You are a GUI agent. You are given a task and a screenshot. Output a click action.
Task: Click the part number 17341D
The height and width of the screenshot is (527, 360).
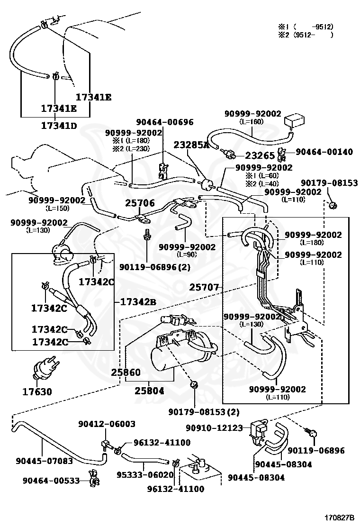[59, 126]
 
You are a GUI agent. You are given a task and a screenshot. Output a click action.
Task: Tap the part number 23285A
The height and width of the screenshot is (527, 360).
[191, 145]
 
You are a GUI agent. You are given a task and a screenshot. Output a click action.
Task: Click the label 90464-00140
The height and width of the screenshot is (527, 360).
[324, 152]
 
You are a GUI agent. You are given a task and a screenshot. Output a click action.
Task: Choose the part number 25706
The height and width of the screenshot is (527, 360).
[140, 203]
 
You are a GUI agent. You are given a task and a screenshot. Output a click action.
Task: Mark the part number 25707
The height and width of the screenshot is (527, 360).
[204, 287]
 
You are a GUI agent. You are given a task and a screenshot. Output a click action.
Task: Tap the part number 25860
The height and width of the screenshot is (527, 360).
[126, 373]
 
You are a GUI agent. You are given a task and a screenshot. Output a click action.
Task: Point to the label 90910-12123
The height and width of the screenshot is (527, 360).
[214, 428]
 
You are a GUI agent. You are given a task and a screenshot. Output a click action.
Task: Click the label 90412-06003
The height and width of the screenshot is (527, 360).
[107, 424]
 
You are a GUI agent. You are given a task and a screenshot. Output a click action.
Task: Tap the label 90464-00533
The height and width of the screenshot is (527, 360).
[51, 481]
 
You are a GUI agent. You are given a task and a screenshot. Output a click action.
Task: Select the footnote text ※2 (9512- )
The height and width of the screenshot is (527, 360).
[306, 35]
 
